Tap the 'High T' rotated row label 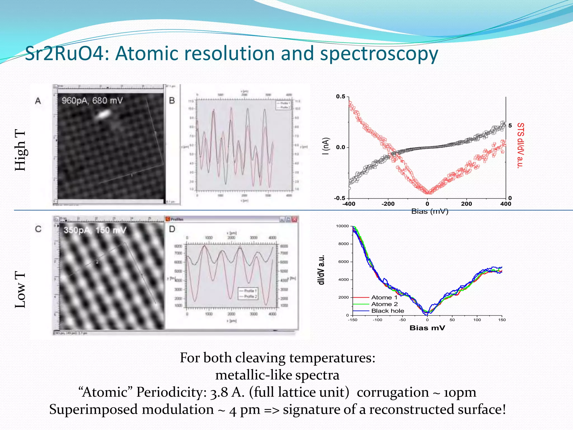(x=20, y=150)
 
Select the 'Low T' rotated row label (x=20, y=290)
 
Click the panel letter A (x=38, y=101)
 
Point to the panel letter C (x=38, y=229)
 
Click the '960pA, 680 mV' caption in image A (x=92, y=101)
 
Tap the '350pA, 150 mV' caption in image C (x=95, y=230)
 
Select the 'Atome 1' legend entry (x=384, y=297)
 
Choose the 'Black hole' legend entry (x=388, y=311)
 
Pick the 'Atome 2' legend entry (x=384, y=304)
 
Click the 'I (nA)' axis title (x=325, y=146)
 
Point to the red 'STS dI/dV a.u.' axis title (x=520, y=146)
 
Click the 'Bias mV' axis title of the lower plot (x=427, y=328)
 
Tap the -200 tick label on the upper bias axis (x=388, y=204)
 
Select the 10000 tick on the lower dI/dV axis (x=342, y=226)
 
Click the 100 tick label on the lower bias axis (x=477, y=320)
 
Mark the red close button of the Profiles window (x=294, y=219)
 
